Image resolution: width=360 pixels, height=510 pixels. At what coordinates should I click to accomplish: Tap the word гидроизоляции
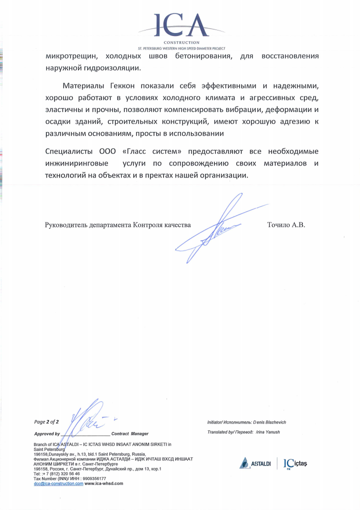click(x=111, y=68)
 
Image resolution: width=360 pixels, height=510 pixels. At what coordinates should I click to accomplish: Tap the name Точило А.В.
click(x=286, y=225)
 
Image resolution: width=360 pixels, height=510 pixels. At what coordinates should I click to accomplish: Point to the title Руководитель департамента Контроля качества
click(x=117, y=225)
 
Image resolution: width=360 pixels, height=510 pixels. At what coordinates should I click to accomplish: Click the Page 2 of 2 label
click(x=47, y=422)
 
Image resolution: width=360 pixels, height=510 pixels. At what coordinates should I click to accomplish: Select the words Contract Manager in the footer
click(x=130, y=433)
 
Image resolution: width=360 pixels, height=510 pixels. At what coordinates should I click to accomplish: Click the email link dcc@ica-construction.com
click(x=58, y=483)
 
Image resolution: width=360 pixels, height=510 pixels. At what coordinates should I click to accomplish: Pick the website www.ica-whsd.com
click(x=104, y=483)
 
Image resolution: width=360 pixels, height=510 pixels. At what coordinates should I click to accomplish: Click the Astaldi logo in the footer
click(x=255, y=464)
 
